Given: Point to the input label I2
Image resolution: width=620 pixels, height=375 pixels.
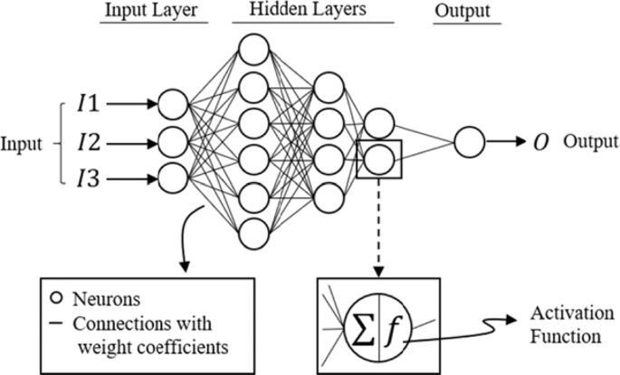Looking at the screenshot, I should pos(91,141).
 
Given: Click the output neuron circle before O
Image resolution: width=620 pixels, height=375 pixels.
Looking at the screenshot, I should pos(469,141).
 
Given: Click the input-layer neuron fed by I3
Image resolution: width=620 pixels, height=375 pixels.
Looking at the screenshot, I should pos(173,177).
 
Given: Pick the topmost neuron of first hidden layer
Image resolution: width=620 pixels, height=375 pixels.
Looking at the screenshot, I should pos(254,47).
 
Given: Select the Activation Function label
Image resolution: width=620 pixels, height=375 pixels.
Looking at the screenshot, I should pos(562,325).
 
